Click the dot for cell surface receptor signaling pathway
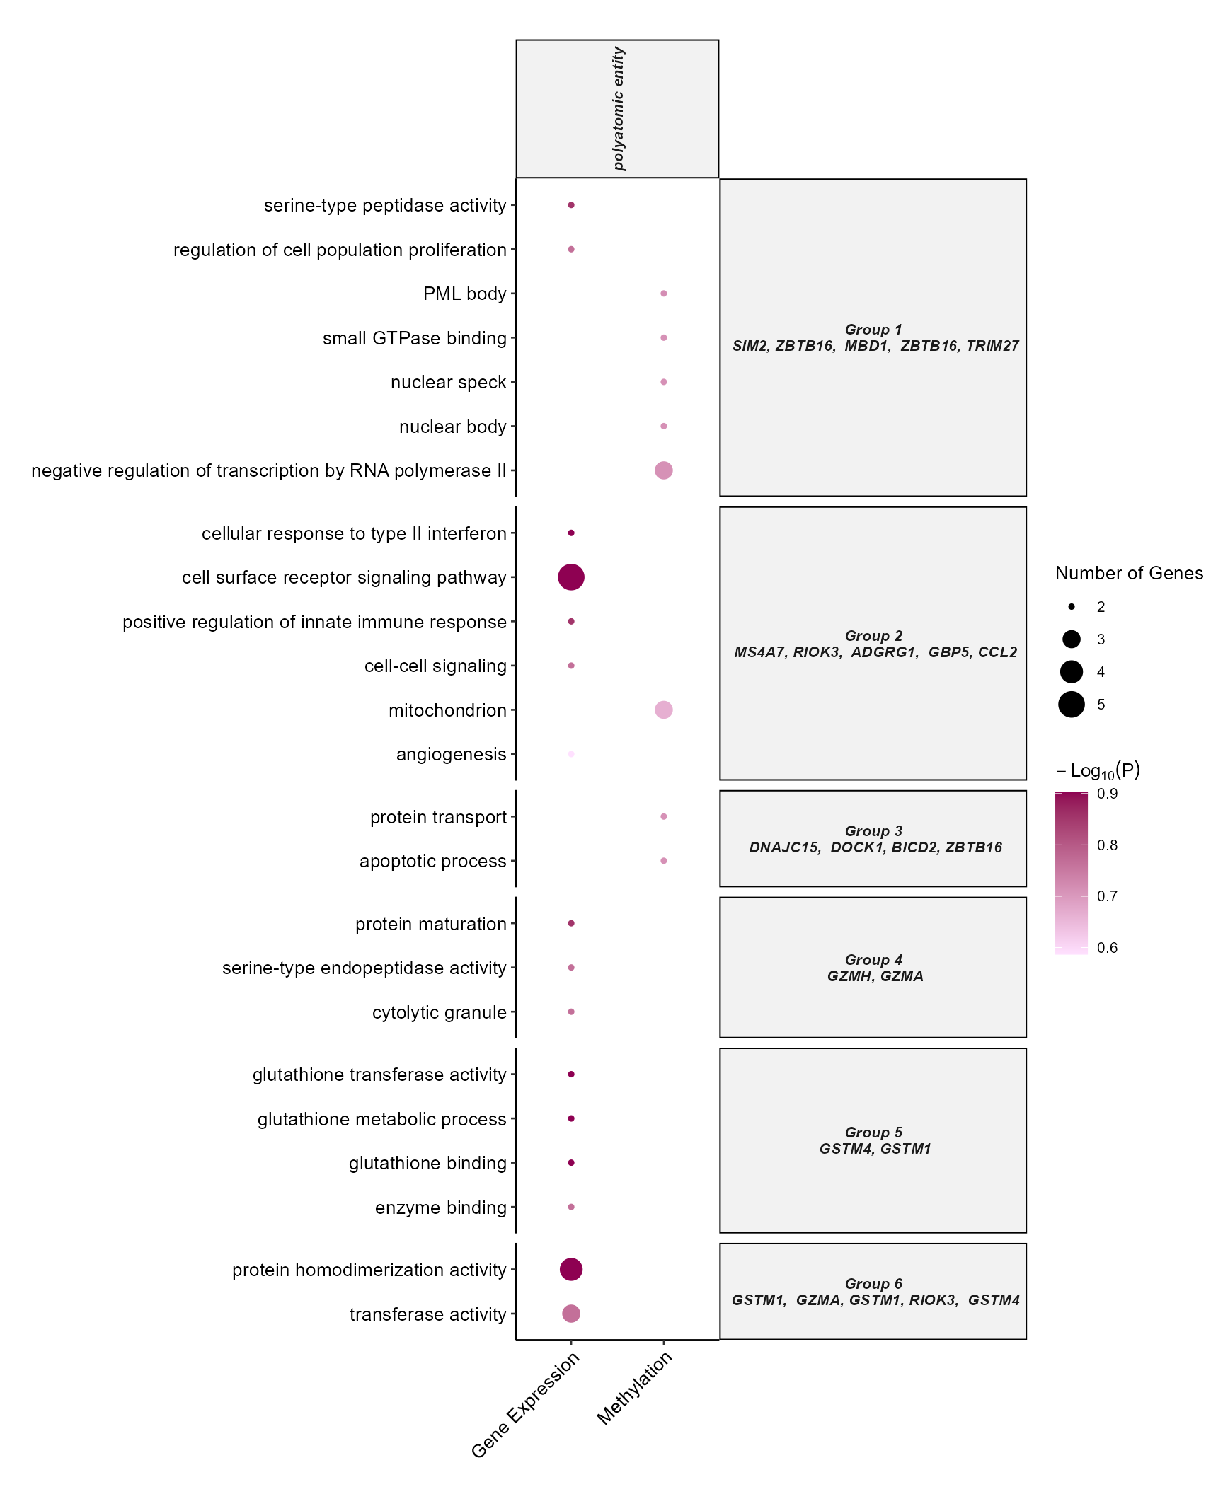pyautogui.click(x=570, y=577)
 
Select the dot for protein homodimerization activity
pyautogui.click(x=570, y=1269)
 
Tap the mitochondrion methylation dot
pyautogui.click(x=663, y=710)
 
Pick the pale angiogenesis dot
pyautogui.click(x=570, y=754)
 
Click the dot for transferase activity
pyautogui.click(x=570, y=1314)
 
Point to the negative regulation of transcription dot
pyautogui.click(x=663, y=470)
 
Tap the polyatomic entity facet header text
pyautogui.click(x=619, y=109)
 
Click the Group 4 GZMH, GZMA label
pyautogui.click(x=874, y=968)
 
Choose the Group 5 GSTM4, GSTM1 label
pyautogui.click(x=874, y=1140)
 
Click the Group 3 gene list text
pyautogui.click(x=875, y=847)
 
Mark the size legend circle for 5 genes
pyautogui.click(x=1071, y=705)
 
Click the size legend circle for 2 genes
pyautogui.click(x=1071, y=607)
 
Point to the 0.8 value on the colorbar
pyautogui.click(x=1107, y=845)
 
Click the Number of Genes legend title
pyautogui.click(x=1129, y=573)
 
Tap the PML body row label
pyautogui.click(x=464, y=294)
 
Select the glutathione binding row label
pyautogui.click(x=427, y=1163)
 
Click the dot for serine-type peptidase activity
pyautogui.click(x=570, y=205)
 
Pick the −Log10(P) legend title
pyautogui.click(x=1098, y=770)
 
